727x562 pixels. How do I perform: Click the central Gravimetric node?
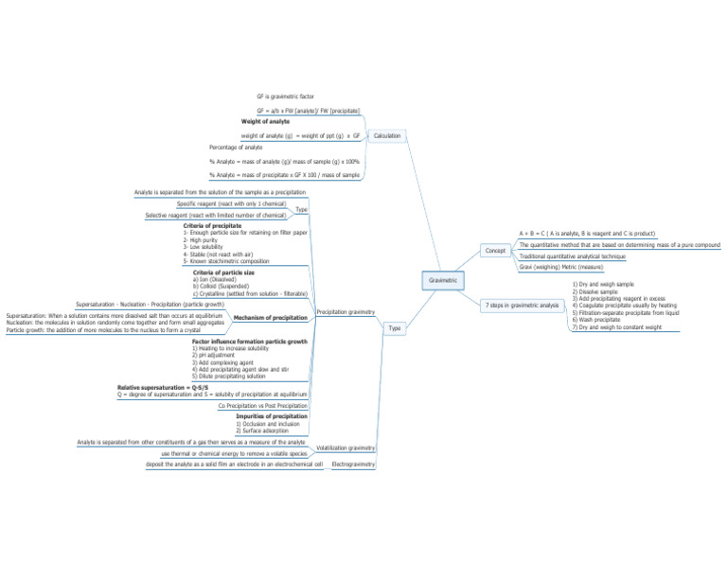[442, 280]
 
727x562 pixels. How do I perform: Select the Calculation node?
[386, 135]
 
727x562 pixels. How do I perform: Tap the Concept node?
[495, 251]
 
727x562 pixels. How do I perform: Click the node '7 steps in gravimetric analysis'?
[522, 306]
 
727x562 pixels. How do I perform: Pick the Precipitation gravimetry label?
[346, 311]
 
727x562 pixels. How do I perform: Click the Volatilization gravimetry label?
[346, 448]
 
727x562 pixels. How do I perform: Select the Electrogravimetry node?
[354, 465]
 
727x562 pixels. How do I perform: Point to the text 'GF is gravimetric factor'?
[287, 97]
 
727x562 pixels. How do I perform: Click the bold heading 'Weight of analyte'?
[265, 122]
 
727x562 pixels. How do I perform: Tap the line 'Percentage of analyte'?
[236, 148]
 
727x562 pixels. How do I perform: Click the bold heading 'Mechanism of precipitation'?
[270, 318]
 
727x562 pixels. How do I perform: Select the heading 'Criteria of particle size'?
[223, 272]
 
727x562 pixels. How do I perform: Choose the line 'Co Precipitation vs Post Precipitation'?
[262, 405]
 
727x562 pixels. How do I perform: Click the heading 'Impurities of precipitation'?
[271, 416]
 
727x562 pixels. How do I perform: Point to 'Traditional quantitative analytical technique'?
[573, 256]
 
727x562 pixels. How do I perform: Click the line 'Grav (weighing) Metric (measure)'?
[561, 268]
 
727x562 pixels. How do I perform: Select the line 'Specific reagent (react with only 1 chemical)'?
[231, 203]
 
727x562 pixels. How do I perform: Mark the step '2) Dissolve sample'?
[595, 291]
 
